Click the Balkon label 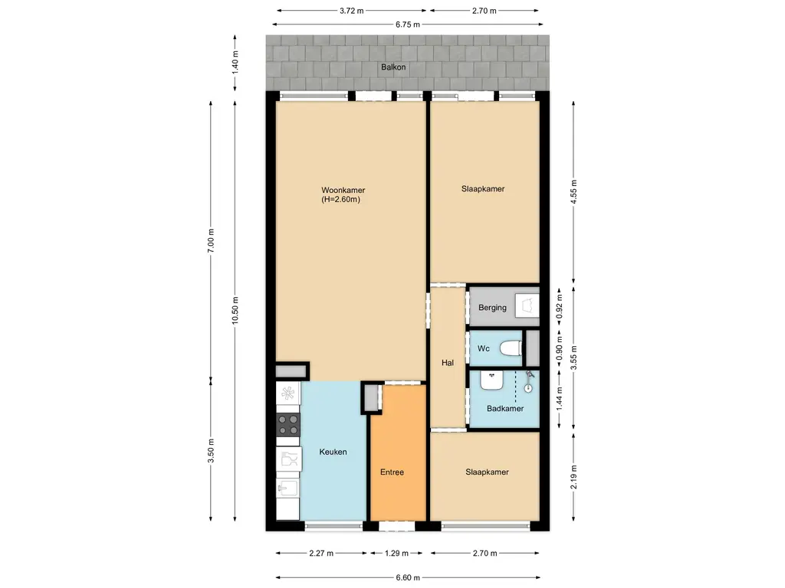[x=394, y=67]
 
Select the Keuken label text [x=333, y=452]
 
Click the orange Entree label [x=392, y=472]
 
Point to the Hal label [x=448, y=363]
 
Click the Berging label [x=492, y=308]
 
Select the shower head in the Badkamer [x=528, y=387]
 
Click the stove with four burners [x=288, y=425]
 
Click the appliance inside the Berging [x=526, y=306]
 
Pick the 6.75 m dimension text [x=407, y=24]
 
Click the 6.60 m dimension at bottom [x=407, y=578]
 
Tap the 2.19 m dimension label [x=573, y=476]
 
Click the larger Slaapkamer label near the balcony [x=483, y=189]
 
